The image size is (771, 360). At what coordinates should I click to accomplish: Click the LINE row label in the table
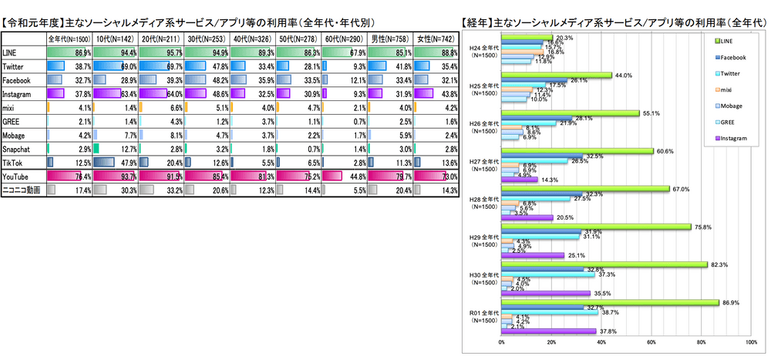[x=12, y=52]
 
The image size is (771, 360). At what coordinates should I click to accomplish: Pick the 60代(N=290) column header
[x=345, y=38]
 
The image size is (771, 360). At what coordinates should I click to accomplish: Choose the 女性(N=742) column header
[x=437, y=38]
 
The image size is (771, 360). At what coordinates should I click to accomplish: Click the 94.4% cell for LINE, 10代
[x=116, y=52]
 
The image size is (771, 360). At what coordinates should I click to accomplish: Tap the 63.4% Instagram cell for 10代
[x=116, y=93]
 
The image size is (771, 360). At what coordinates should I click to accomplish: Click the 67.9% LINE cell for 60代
[x=345, y=52]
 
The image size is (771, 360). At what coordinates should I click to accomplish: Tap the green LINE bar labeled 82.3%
[x=604, y=264]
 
